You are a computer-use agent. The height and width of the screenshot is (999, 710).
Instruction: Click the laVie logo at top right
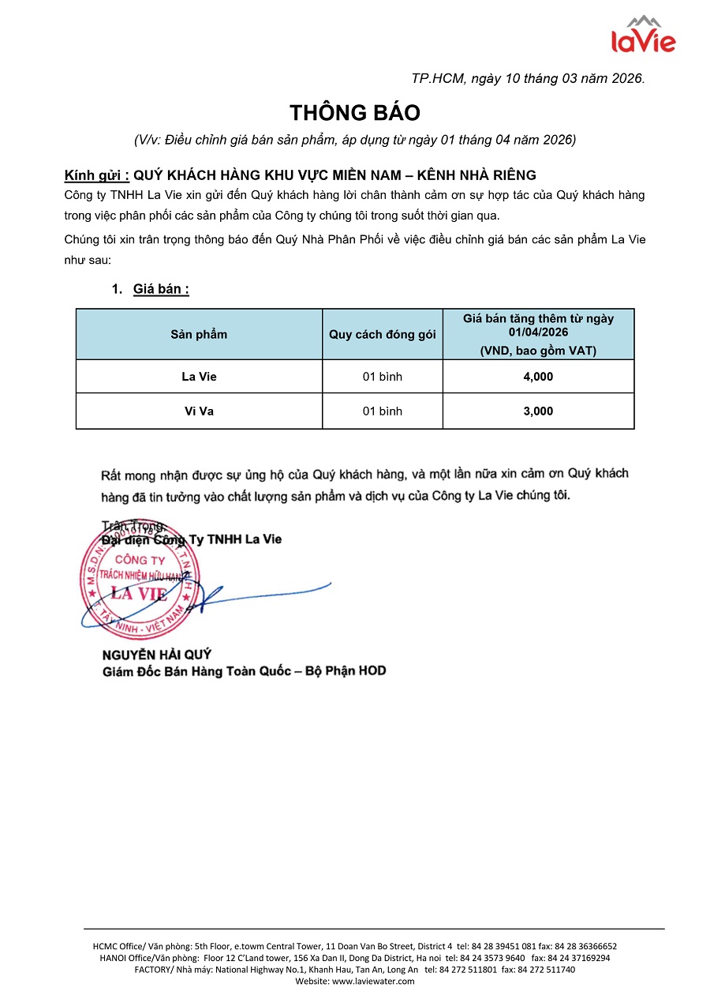(x=644, y=35)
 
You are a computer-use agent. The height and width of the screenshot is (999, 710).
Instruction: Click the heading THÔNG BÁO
(x=354, y=112)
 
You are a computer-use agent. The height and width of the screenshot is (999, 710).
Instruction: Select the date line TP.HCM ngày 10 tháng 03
(x=528, y=78)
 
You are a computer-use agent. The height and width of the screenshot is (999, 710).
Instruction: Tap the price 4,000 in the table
(x=538, y=377)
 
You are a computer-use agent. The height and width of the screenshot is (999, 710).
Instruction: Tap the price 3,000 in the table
(x=538, y=411)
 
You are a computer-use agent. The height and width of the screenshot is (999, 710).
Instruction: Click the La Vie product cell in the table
(x=199, y=377)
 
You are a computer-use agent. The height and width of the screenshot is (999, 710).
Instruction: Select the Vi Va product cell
(x=199, y=411)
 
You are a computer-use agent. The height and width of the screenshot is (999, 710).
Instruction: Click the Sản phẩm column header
(x=199, y=334)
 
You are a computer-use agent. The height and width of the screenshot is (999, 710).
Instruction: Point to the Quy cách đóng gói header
(x=382, y=334)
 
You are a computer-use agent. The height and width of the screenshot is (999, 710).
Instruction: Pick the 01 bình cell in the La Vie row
(x=382, y=377)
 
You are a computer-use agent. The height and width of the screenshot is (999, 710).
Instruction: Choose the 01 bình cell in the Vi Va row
(x=382, y=411)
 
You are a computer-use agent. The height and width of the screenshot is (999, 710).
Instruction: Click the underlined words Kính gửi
(x=96, y=175)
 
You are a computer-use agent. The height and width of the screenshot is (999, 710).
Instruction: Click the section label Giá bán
(x=160, y=289)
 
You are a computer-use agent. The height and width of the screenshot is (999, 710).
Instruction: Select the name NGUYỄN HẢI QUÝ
(x=157, y=655)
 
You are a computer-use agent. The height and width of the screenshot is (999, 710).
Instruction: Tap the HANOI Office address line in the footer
(x=354, y=957)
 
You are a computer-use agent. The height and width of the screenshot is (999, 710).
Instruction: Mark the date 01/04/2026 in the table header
(x=538, y=332)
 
